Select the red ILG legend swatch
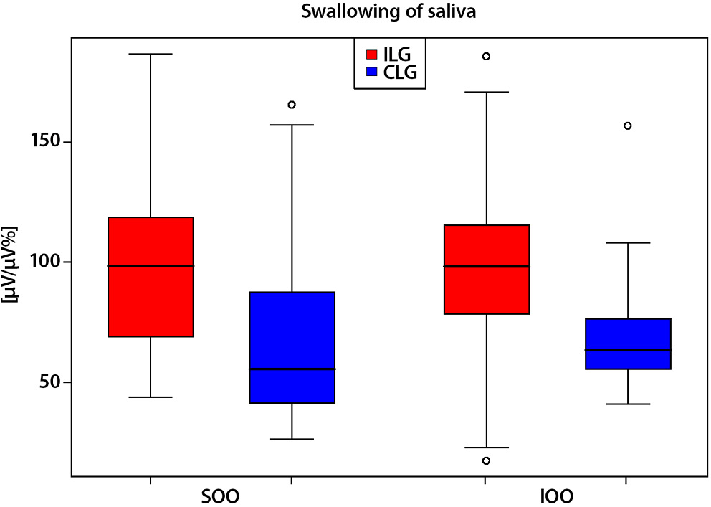[373, 54]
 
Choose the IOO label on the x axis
[555, 496]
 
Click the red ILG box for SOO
[151, 277]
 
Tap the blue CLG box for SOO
[291, 347]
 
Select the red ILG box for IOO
[486, 270]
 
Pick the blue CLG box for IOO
[628, 343]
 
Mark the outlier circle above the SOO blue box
[292, 105]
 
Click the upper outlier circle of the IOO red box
[486, 56]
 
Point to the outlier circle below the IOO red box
[486, 460]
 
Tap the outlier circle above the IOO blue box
[628, 125]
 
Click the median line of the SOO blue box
[291, 369]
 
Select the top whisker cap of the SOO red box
[151, 54]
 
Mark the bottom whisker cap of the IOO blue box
[628, 404]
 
